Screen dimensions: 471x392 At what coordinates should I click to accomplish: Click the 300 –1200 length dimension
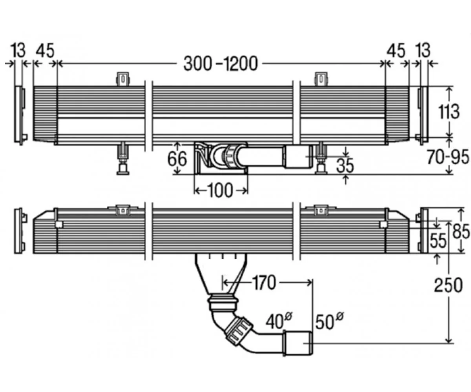coord(220,64)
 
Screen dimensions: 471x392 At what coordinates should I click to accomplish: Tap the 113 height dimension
coord(449,111)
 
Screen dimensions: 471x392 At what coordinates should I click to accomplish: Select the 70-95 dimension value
coord(447,157)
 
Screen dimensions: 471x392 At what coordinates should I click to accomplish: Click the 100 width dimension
coord(220,191)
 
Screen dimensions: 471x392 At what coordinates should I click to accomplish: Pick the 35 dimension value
coord(345,166)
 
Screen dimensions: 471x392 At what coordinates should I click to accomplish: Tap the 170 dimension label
coord(263,282)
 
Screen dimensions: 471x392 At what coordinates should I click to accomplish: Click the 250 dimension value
coord(449,285)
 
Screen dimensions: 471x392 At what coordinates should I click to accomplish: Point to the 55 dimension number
coord(438,240)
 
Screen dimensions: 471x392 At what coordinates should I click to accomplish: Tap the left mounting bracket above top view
coord(123,79)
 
